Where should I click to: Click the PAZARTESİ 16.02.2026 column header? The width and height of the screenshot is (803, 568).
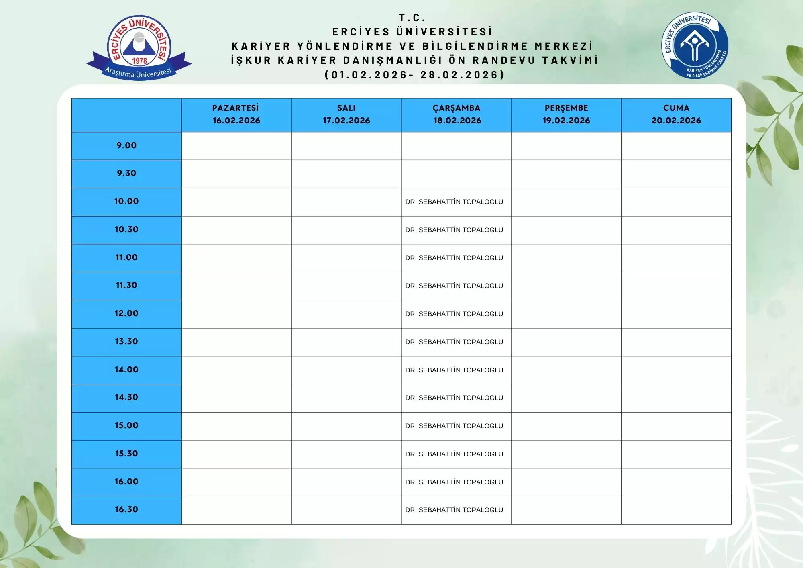236,114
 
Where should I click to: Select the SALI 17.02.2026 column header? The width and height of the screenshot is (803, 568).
346,114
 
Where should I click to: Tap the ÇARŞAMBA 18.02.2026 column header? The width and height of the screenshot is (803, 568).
457,114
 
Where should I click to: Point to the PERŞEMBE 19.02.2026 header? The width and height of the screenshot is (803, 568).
566,114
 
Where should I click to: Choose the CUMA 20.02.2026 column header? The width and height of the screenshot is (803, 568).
676,114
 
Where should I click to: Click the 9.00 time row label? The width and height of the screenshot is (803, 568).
126,145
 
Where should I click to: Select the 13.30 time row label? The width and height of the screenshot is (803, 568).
126,341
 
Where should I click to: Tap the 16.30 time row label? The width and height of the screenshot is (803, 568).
126,509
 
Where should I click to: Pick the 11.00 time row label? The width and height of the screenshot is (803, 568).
126,257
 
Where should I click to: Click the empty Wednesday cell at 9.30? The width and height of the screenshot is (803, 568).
456,174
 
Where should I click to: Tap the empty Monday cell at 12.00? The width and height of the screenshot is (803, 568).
236,314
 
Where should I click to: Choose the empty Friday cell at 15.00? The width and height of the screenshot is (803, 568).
676,426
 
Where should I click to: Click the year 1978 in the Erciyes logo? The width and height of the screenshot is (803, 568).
140,61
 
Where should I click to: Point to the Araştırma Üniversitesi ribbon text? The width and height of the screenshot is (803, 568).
138,73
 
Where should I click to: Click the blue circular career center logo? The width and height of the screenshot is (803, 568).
695,45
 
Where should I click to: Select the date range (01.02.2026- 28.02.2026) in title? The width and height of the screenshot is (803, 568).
414,75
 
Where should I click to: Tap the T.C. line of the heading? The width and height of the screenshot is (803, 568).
412,18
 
